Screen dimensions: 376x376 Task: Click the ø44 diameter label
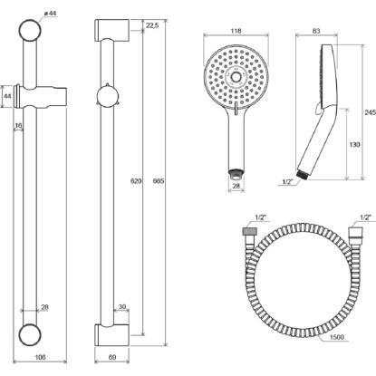(x=51, y=14)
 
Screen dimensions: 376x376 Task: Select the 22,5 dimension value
(x=152, y=25)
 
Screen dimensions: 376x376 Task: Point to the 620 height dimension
(x=136, y=181)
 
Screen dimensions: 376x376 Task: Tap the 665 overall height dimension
(x=159, y=181)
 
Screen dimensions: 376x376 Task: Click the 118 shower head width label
(x=236, y=31)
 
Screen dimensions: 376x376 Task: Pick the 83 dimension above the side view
(x=316, y=31)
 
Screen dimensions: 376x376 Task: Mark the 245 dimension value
(x=371, y=112)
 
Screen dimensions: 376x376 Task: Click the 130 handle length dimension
(x=354, y=145)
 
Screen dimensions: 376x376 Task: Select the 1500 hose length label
(x=337, y=337)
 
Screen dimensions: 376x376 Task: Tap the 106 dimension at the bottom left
(x=40, y=357)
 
